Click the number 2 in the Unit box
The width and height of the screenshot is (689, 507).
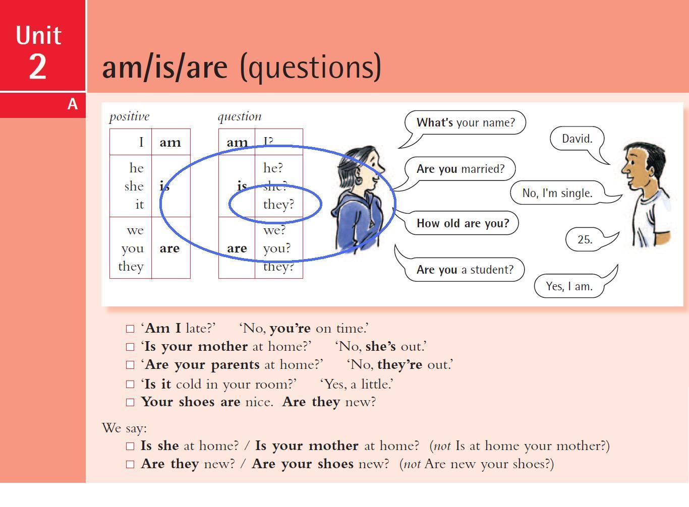[38, 67]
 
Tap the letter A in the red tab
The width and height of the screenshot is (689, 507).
[73, 104]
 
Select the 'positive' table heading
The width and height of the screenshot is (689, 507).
[129, 116]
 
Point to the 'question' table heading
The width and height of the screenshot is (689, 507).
[240, 116]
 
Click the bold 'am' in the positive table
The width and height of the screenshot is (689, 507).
[170, 143]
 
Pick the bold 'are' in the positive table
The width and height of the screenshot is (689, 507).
[169, 248]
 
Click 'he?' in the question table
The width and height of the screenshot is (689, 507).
[273, 168]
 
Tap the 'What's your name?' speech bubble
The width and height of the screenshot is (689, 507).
[465, 122]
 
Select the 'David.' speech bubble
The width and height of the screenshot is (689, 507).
[577, 139]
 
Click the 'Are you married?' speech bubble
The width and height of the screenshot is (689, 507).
[460, 169]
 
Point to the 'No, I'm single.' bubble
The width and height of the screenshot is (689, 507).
[557, 193]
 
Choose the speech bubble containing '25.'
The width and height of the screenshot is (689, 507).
[585, 240]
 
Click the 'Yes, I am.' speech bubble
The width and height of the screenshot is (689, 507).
[569, 286]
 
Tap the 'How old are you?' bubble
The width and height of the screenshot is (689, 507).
[463, 223]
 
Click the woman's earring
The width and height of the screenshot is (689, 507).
[359, 180]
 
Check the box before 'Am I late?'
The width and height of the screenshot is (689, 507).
[130, 329]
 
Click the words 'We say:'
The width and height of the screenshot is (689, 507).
[124, 428]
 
